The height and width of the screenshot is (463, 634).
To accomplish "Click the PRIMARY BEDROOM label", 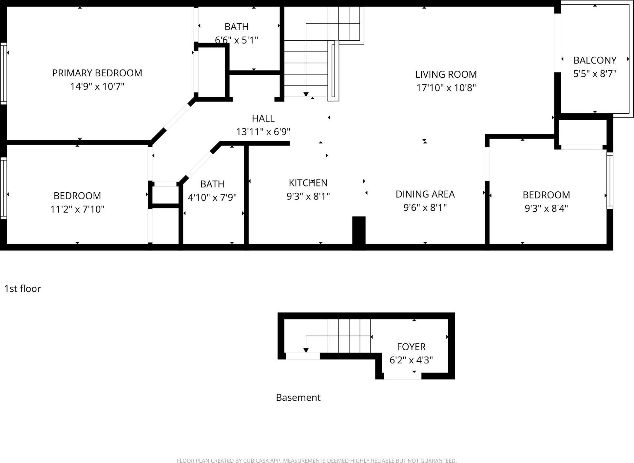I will point(97,73).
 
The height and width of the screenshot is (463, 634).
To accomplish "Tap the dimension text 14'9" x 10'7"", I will point(97,87).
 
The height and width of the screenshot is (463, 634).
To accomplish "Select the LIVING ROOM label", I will point(446,74).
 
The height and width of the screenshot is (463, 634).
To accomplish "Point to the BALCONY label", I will point(595,60).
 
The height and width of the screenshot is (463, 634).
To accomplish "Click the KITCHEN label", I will point(308,183).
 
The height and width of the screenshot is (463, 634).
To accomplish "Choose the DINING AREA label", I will point(425,194).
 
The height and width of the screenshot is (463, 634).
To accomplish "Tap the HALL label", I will point(263,118).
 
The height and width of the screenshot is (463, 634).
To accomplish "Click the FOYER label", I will point(411,347).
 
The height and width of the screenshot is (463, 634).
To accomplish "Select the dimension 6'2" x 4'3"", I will point(411,360).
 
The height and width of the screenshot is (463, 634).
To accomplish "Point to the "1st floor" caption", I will point(23,289).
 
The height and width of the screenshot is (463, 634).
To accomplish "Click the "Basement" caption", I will point(298,397).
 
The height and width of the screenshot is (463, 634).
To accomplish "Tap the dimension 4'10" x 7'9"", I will point(212,198).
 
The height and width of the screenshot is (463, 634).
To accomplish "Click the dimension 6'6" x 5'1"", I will point(236,40).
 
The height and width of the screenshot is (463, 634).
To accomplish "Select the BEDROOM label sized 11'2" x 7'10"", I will point(77,196).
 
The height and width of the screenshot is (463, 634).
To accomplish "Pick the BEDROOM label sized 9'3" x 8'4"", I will point(546,195).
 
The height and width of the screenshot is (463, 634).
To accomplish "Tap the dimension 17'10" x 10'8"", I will point(446,88).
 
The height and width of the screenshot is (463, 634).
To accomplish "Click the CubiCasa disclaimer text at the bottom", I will point(317,461).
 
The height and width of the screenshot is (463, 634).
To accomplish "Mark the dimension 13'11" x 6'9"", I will point(263,132).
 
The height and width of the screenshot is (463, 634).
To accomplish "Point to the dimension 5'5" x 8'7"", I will point(595,74).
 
